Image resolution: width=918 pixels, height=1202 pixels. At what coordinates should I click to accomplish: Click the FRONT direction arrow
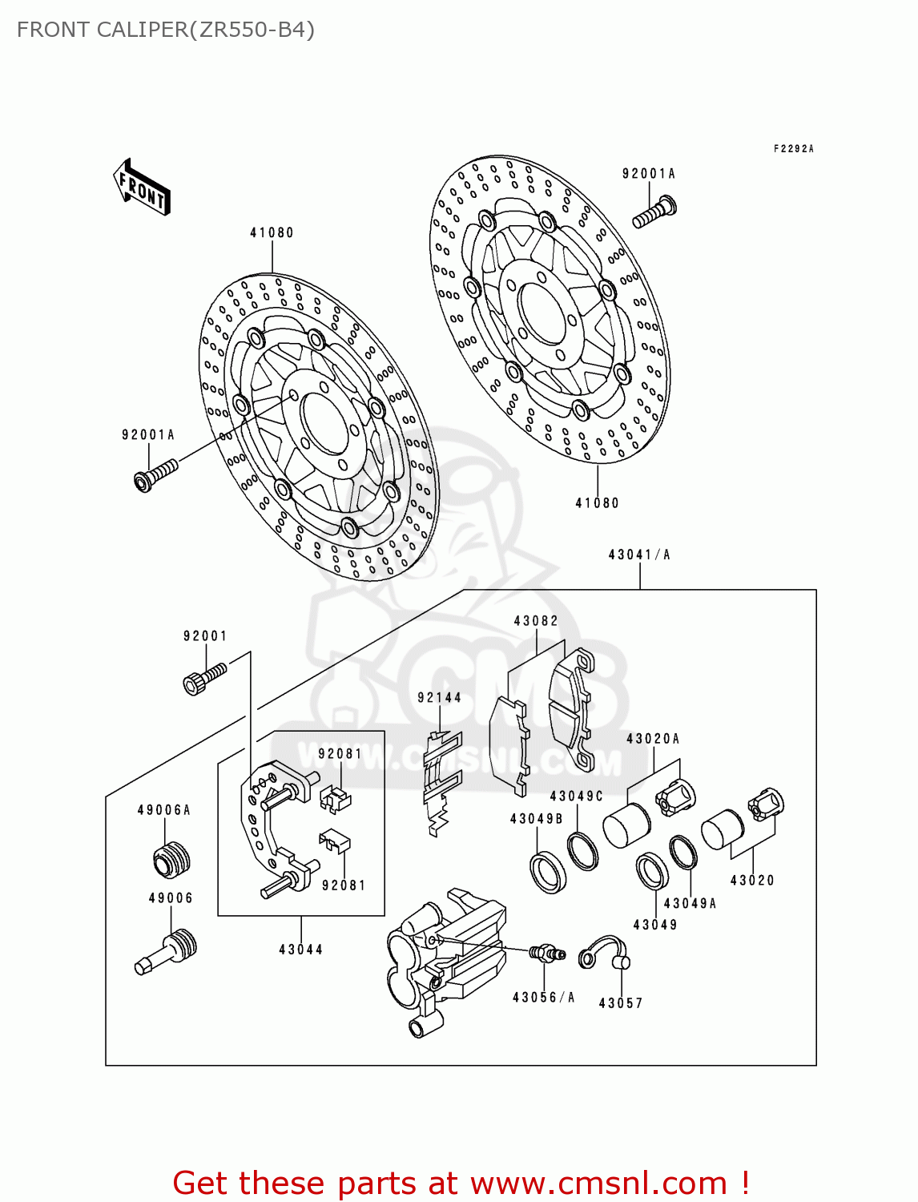143,187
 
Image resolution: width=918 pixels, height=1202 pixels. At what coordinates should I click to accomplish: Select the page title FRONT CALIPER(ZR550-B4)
166,30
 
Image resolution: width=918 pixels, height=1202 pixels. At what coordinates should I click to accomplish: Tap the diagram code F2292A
793,149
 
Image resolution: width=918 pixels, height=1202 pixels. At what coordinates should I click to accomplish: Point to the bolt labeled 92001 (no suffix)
205,678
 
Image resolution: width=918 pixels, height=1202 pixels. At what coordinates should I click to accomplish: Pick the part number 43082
536,621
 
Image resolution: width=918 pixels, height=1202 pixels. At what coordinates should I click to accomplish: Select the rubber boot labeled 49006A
171,860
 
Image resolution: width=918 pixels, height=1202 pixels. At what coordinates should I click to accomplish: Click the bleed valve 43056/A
547,953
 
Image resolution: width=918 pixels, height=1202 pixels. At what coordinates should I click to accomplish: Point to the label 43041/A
639,555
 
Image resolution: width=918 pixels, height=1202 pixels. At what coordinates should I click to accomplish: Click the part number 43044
300,950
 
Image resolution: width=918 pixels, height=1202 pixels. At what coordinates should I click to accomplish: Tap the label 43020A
653,739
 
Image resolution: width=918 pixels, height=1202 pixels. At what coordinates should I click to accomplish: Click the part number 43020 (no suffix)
752,881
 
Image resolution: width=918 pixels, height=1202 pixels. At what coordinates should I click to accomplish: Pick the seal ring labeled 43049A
682,853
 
